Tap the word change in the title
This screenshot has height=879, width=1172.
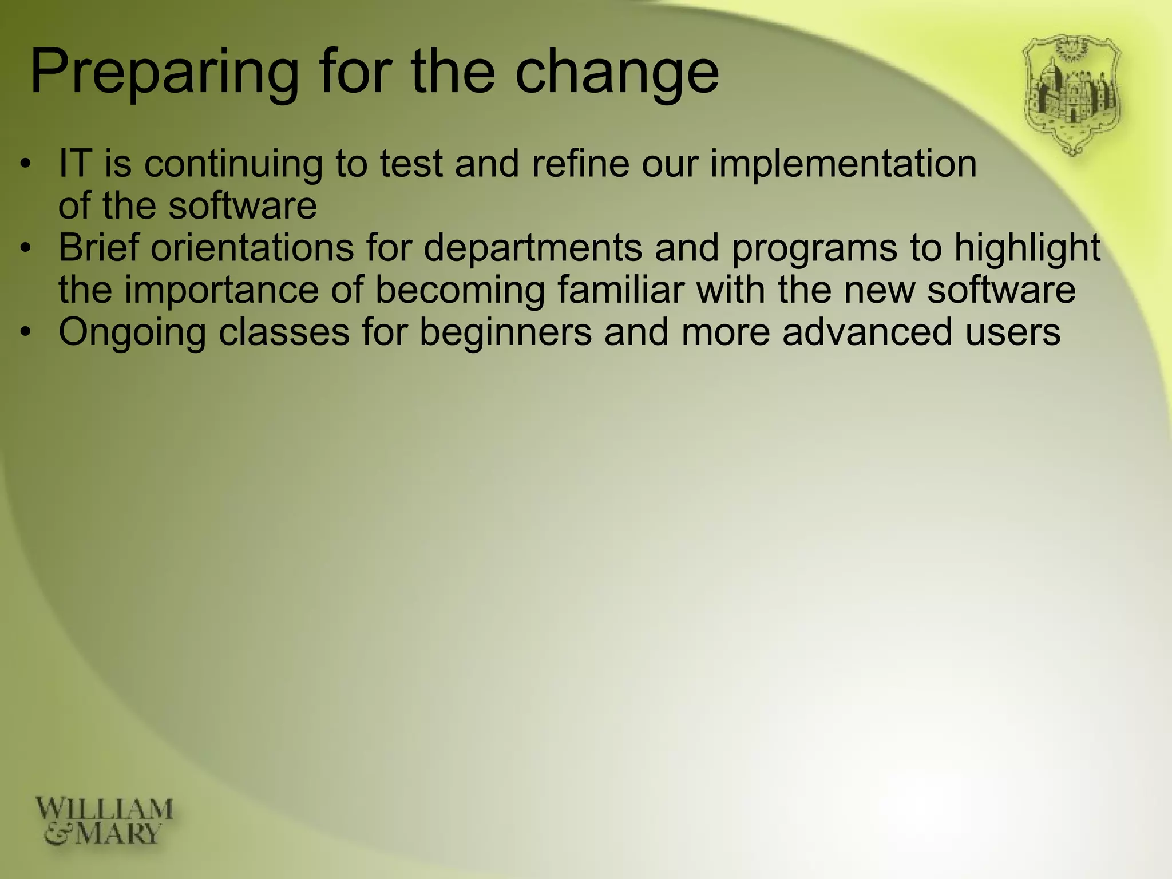[616, 73]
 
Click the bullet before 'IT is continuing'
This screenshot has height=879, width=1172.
[24, 165]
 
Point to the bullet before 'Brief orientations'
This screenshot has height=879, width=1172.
[24, 249]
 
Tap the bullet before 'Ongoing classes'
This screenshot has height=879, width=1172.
[24, 333]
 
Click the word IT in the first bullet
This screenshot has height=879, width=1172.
[75, 164]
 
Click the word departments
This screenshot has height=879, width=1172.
[532, 249]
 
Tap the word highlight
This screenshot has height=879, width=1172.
[1027, 249]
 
